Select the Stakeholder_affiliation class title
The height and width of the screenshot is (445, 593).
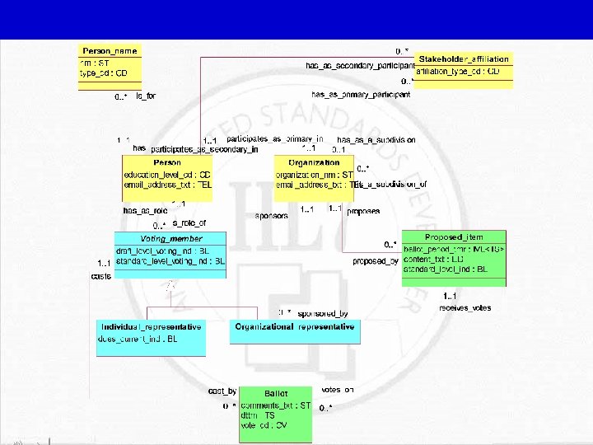464,59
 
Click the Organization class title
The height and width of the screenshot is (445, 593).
314,162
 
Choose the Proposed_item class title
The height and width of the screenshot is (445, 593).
454,237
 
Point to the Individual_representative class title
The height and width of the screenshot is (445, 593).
150,326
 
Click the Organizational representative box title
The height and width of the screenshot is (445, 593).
296,326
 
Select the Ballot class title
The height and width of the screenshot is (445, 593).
276,393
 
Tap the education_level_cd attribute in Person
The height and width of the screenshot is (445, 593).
167,175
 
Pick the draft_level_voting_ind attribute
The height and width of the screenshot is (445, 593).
170,251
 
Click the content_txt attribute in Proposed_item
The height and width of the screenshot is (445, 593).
446,259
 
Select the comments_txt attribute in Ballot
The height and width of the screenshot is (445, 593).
276,405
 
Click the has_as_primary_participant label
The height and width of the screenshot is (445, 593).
357,95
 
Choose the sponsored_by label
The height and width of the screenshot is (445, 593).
322,313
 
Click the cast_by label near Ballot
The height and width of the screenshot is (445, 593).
222,391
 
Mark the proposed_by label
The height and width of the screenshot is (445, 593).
376,261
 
